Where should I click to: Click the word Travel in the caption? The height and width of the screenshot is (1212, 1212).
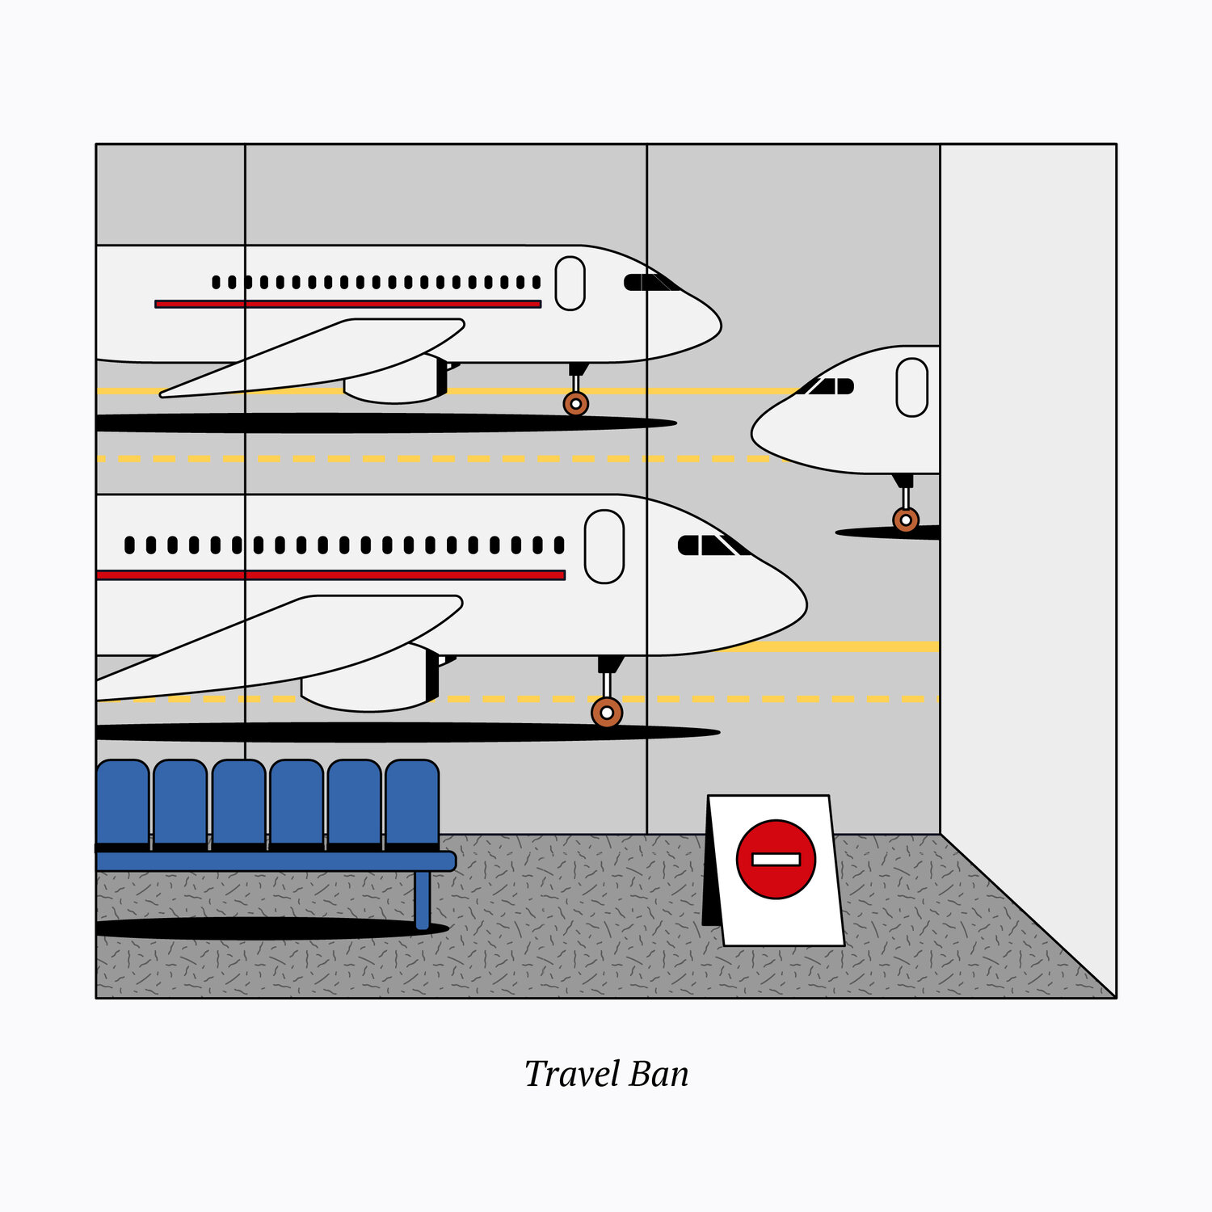571,1074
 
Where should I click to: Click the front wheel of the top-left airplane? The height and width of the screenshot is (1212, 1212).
575,403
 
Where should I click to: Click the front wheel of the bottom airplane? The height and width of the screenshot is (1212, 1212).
606,713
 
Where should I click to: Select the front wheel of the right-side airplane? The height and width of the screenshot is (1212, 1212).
906,520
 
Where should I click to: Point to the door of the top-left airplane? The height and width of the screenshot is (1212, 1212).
570,283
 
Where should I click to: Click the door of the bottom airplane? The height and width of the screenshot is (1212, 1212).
604,546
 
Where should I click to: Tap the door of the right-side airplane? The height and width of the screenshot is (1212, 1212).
911,387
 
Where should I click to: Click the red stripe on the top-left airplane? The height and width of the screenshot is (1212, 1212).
347,305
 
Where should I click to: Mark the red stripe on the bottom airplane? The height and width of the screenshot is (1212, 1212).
331,575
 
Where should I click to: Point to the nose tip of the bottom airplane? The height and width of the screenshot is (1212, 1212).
803,602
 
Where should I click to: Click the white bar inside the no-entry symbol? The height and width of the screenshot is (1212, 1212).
776,859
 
